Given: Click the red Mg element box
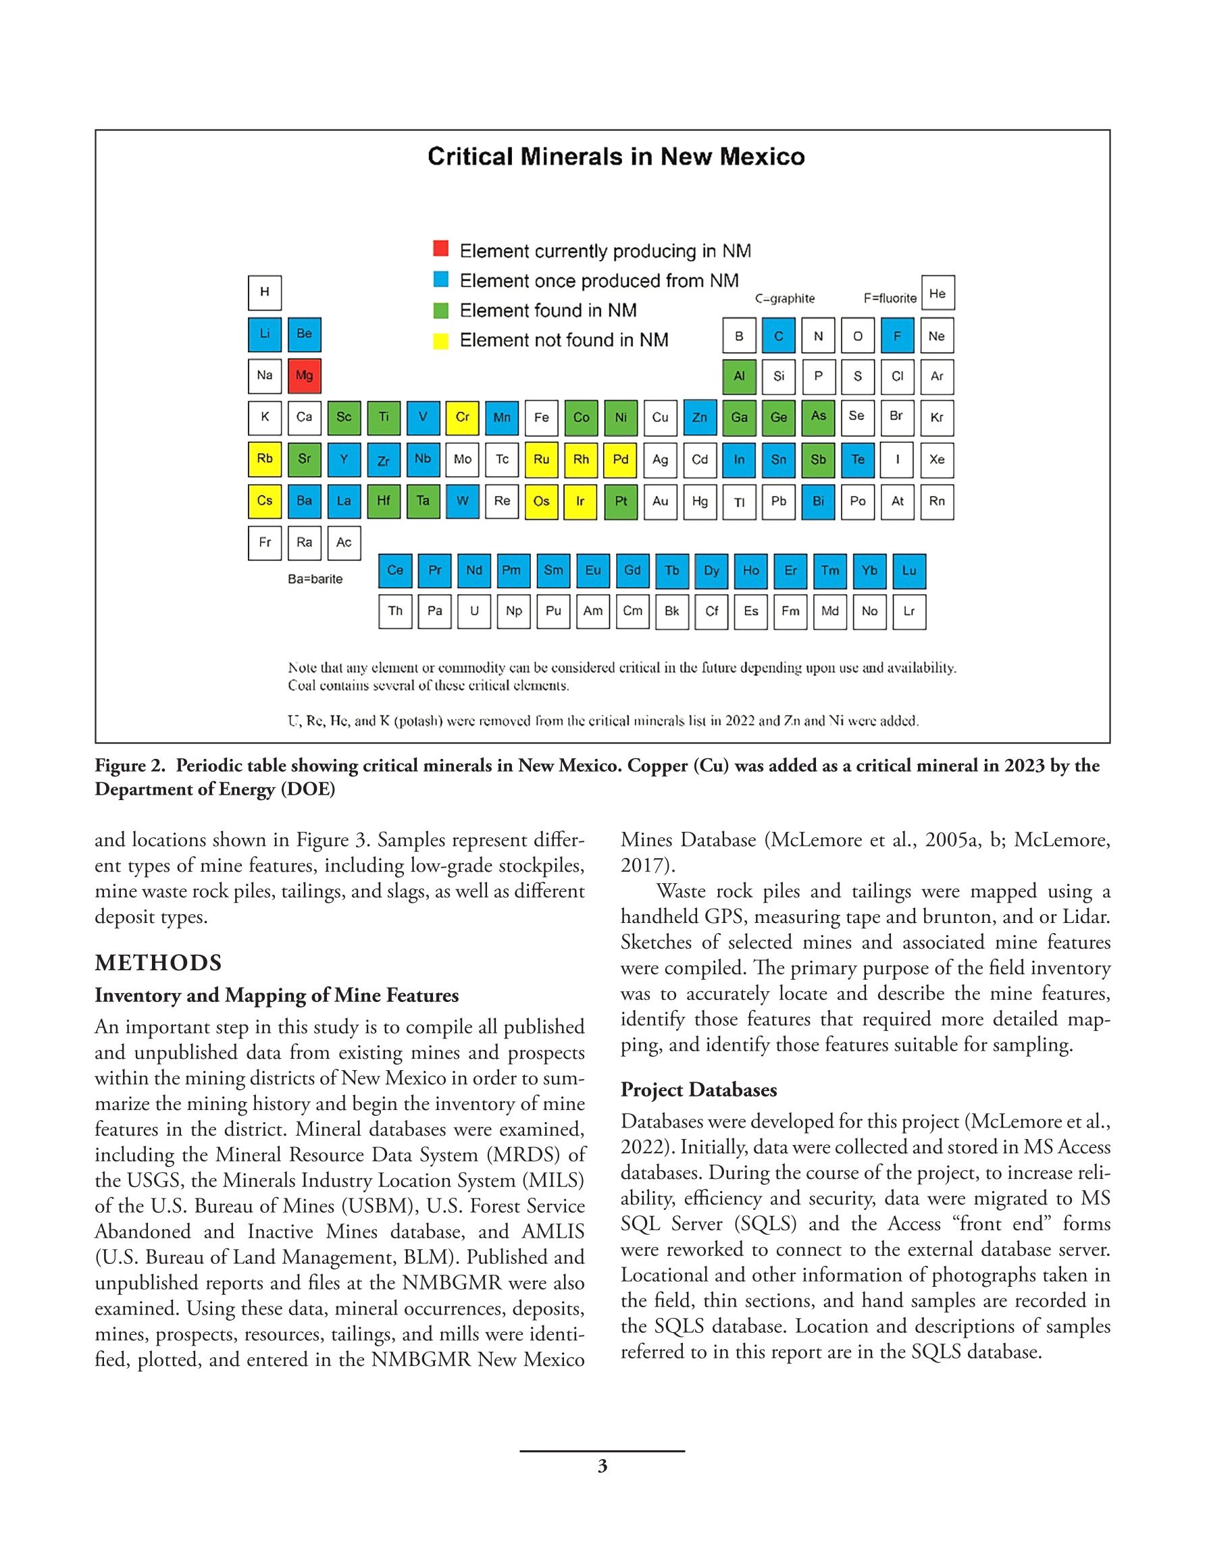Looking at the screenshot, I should (304, 376).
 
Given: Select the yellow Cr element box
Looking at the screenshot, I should (462, 417).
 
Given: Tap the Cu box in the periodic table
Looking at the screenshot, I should (660, 417).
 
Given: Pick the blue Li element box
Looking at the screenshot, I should (264, 335).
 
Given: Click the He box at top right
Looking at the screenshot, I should (937, 294).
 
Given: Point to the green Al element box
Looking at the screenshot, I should (740, 376).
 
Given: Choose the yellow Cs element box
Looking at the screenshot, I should (264, 501).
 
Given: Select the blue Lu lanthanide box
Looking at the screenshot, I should (908, 571).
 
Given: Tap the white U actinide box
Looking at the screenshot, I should (474, 612).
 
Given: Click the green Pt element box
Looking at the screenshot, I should (621, 501).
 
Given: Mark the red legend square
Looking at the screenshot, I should (440, 248).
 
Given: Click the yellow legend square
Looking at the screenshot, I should (440, 340).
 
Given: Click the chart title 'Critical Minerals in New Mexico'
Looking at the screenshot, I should (616, 157).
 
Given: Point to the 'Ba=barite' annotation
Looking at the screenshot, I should (315, 579).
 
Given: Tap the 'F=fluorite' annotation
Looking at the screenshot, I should (890, 298).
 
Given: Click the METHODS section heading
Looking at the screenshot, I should (158, 963).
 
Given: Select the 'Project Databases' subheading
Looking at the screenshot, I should (698, 1090).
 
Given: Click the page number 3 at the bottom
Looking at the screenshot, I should (602, 1466).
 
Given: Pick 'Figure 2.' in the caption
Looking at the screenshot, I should (130, 766).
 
